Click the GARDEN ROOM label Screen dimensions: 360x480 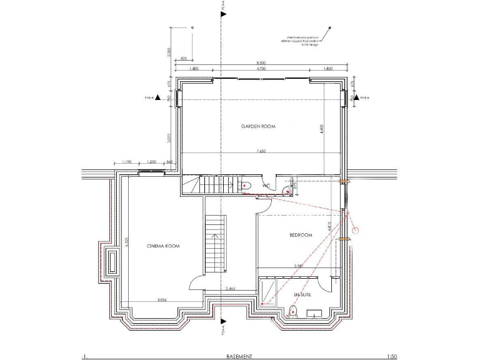pos(258,126)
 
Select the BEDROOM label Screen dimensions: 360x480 pos(300,235)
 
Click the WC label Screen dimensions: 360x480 pos(266,186)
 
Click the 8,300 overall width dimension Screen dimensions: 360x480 pos(261,63)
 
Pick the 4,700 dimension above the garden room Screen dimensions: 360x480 pos(261,68)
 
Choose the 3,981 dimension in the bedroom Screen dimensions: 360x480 pos(299,266)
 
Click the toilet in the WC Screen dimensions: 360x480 pos(245,185)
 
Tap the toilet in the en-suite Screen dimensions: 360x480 pos(292,309)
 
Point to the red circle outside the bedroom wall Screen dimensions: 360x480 pos(356,230)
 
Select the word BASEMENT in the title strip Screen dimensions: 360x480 pos(239,356)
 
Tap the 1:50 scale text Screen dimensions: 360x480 pos(391,356)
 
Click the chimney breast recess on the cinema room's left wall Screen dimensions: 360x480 pos(112,261)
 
